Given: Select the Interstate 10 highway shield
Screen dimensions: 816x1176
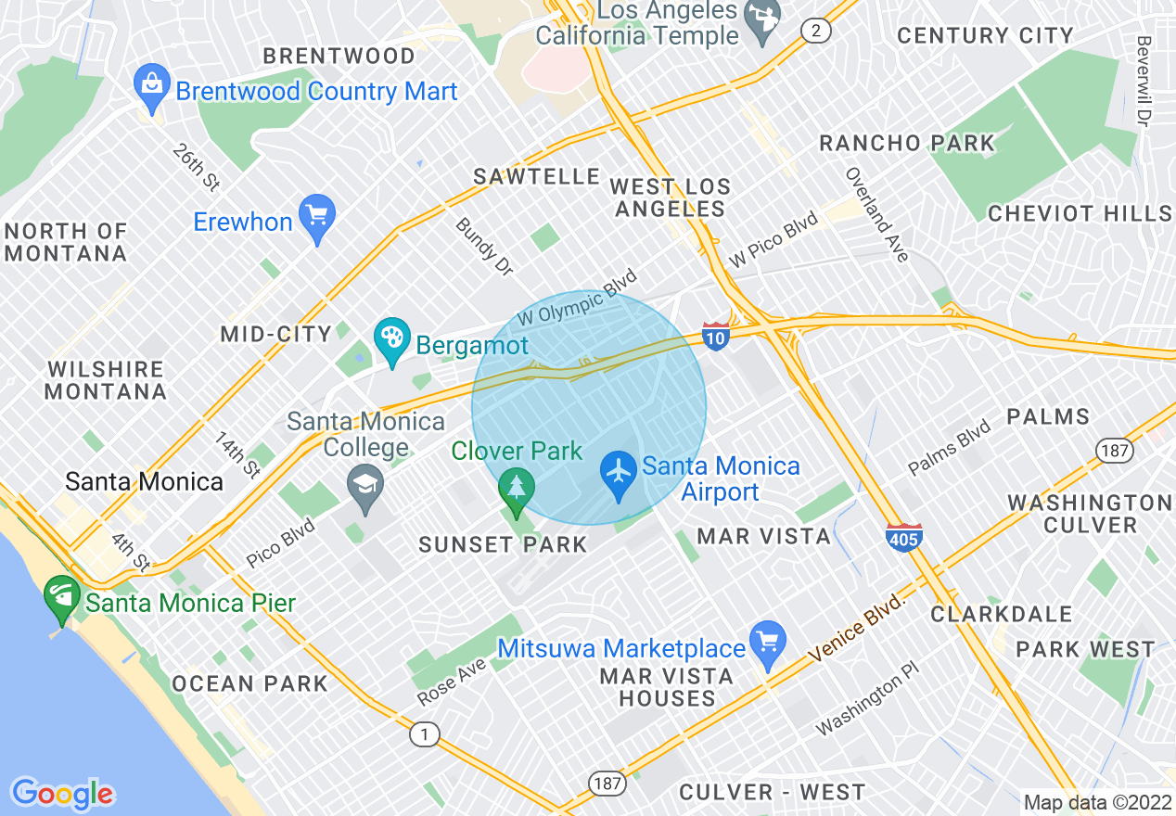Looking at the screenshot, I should coord(715,336).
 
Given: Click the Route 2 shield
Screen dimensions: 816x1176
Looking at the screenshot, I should coord(815,32).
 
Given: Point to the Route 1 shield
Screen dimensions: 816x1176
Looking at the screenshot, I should coord(425,734).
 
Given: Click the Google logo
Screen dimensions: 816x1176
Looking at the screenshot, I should coord(62,794).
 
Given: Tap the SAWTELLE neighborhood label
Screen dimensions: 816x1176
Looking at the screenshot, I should coord(537,176).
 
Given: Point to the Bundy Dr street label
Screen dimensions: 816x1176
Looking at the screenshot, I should coord(483,247).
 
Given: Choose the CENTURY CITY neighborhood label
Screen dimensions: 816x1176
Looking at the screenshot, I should coord(985,36).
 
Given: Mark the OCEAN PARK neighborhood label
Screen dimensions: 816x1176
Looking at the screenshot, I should coord(249,683).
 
